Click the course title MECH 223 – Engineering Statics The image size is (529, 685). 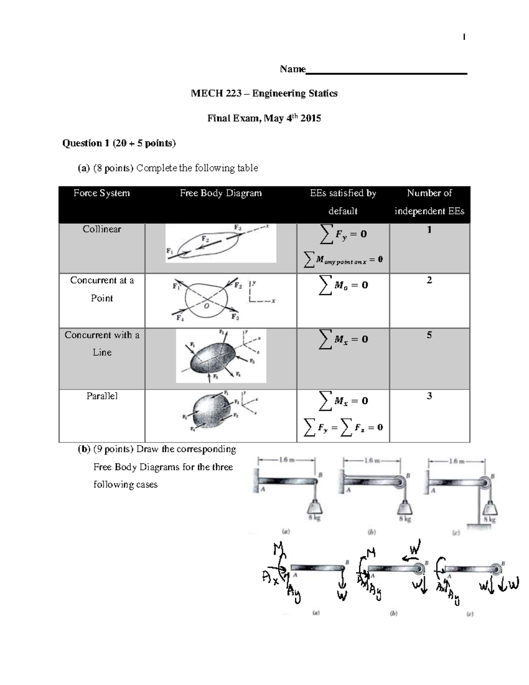264,94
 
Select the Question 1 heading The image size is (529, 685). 119,143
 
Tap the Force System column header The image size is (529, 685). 102,193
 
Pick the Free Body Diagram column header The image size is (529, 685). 220,193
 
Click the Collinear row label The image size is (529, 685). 102,229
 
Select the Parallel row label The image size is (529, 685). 102,396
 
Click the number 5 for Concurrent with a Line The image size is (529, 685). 429,335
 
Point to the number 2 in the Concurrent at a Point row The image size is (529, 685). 429,281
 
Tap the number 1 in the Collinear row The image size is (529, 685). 429,229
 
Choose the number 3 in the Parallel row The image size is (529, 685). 429,396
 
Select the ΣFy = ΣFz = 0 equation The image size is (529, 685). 343,427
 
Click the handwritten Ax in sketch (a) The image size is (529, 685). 270,577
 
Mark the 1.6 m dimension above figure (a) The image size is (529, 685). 286,460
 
